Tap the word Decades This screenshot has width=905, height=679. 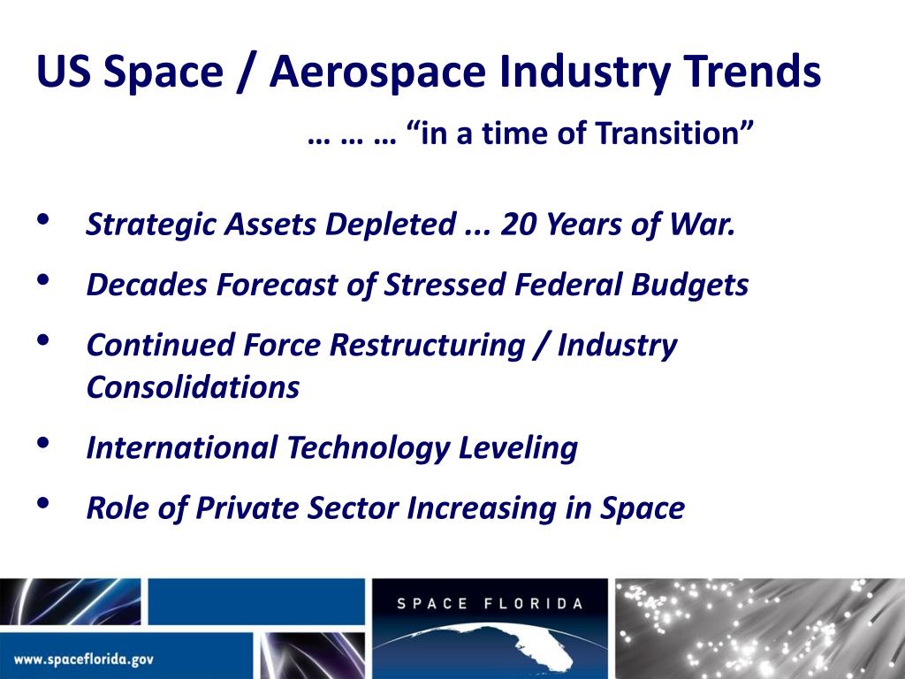pyautogui.click(x=142, y=285)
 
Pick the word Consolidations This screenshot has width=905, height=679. pyautogui.click(x=193, y=387)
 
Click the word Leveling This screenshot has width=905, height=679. pyautogui.click(x=517, y=447)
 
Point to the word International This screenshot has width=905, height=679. pyautogui.click(x=181, y=447)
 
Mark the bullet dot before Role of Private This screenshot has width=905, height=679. pyautogui.click(x=42, y=502)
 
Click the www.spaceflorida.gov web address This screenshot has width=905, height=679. pyautogui.click(x=85, y=660)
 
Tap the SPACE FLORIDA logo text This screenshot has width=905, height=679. pyautogui.click(x=491, y=604)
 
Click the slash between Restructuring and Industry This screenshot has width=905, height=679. pyautogui.click(x=544, y=345)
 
